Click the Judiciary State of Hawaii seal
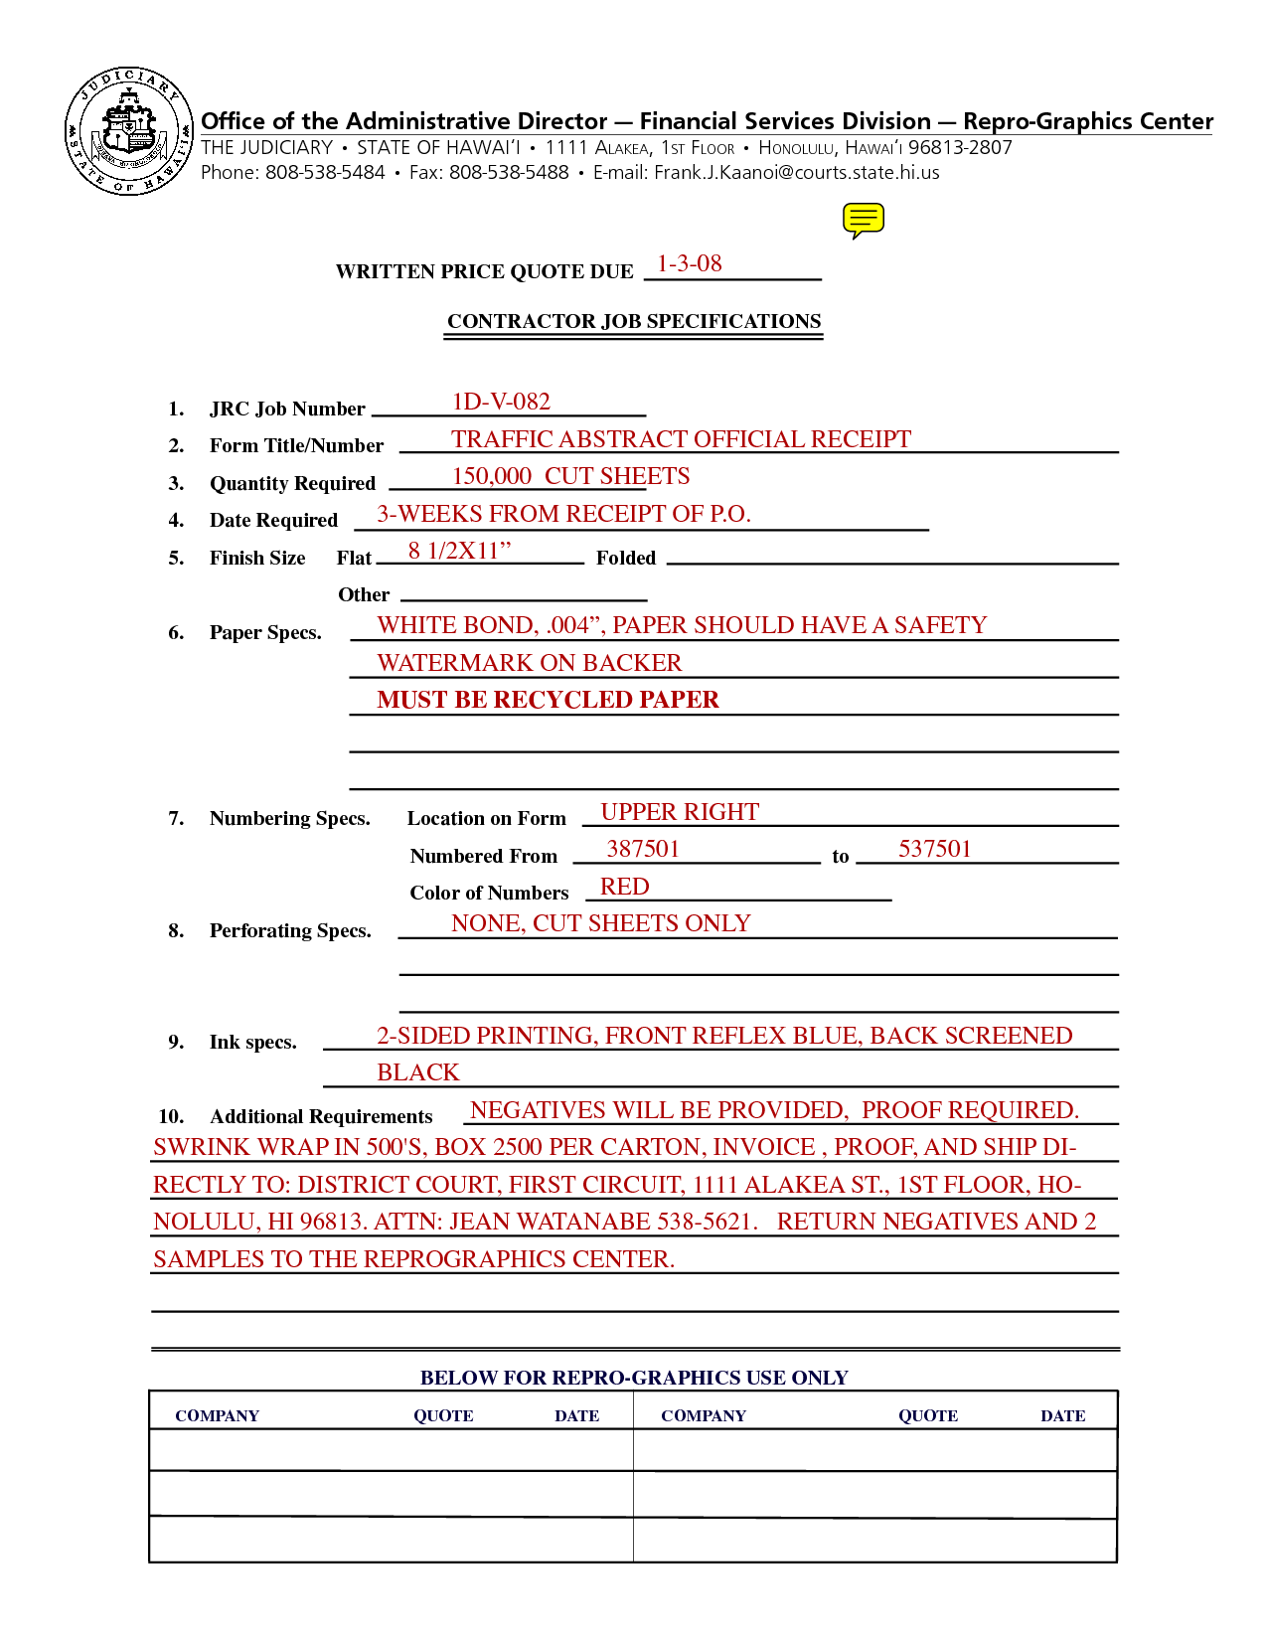(128, 131)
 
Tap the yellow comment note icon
(863, 220)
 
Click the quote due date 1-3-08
(690, 264)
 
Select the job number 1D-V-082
(501, 402)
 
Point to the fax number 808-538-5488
(509, 173)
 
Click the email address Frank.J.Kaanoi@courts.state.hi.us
(796, 173)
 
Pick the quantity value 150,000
(492, 476)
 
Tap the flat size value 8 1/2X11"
(459, 551)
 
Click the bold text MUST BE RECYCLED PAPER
(548, 700)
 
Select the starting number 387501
(643, 849)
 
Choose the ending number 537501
(934, 849)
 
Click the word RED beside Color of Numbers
(624, 887)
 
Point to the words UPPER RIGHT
(680, 812)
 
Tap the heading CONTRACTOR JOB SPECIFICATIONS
(634, 321)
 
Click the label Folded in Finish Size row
(626, 559)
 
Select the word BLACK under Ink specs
(418, 1072)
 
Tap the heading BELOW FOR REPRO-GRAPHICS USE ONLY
(634, 1378)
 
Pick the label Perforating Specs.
(290, 931)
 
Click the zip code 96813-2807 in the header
(960, 148)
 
